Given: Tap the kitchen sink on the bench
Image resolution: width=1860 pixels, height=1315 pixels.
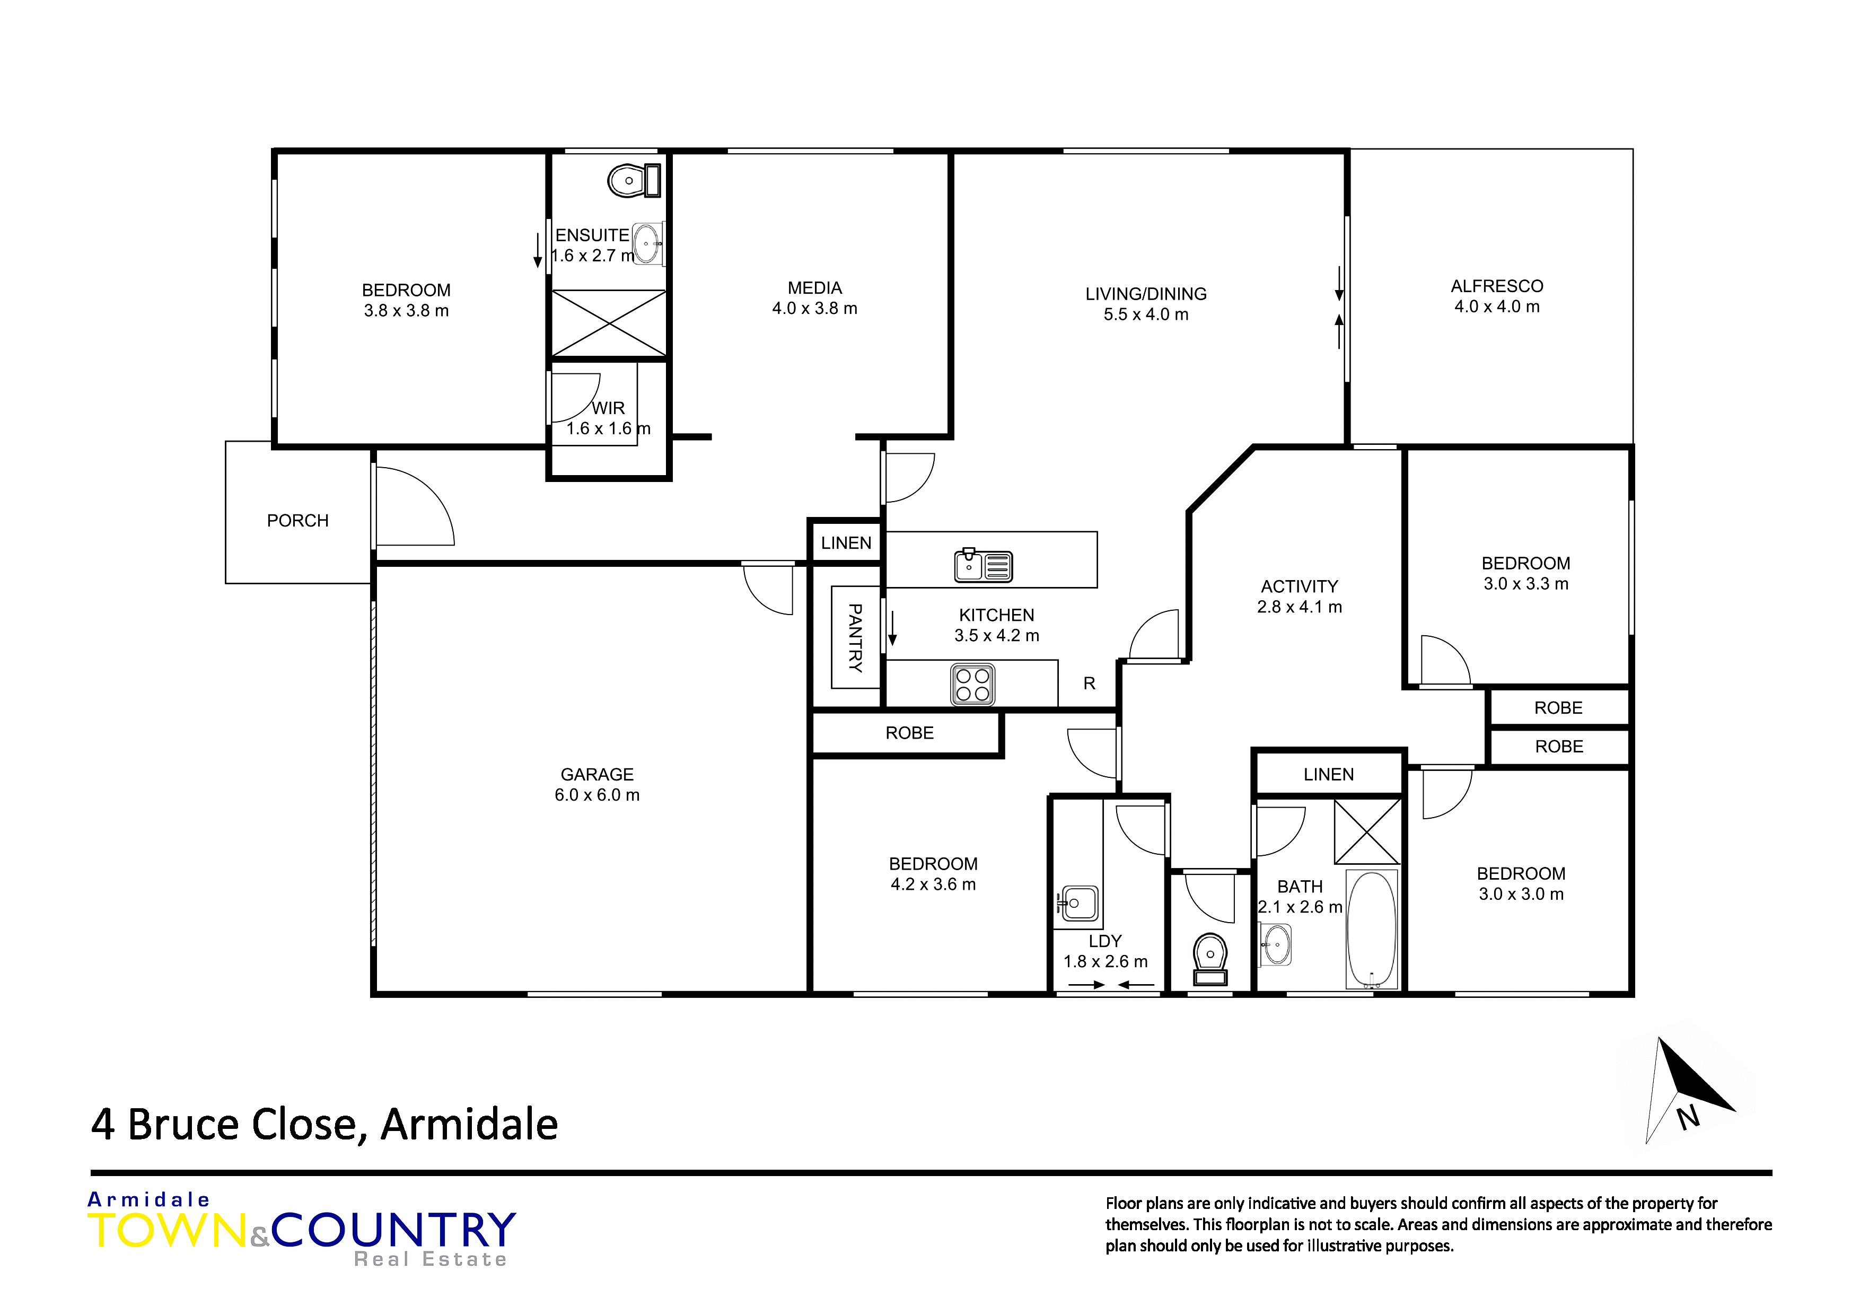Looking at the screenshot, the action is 984,566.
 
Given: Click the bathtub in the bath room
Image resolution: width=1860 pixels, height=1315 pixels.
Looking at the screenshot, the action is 1372,928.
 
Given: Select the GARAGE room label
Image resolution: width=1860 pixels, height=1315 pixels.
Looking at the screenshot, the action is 597,775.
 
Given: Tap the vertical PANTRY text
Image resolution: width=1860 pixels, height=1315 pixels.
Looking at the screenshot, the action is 855,638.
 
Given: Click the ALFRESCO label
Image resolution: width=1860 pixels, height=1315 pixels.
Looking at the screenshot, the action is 1497,286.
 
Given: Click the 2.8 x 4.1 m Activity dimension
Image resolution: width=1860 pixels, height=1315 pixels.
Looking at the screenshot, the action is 1300,607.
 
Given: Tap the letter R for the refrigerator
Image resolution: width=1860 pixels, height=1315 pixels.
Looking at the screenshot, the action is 1090,683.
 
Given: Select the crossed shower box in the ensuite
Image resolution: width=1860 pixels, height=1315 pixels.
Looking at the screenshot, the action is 609,323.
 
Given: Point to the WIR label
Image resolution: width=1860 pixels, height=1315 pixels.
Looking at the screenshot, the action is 608,408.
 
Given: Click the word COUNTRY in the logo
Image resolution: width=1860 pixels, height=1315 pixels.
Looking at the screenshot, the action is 394,1230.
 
